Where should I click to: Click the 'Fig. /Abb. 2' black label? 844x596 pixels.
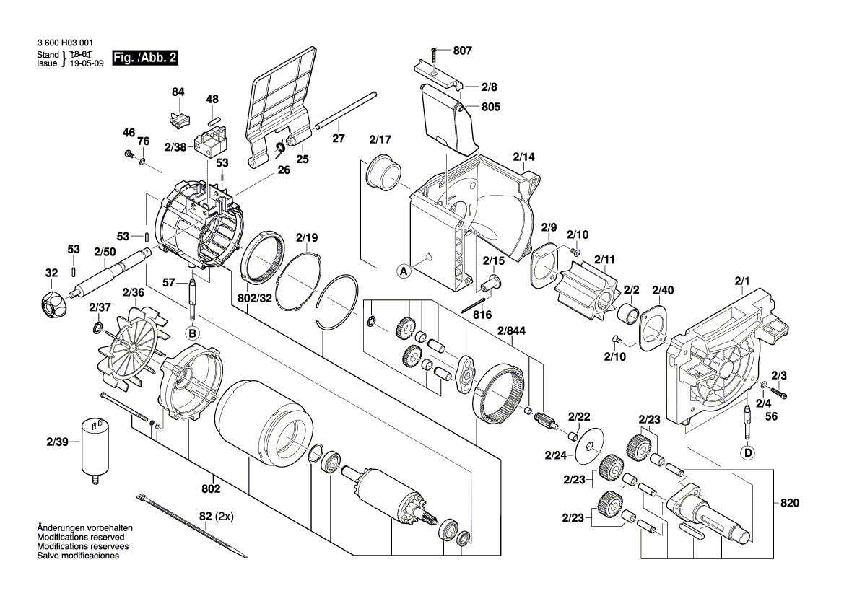(x=145, y=58)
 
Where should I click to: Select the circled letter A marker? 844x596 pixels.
(x=404, y=271)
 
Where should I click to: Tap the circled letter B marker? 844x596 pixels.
(x=192, y=333)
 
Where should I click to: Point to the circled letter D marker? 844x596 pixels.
(x=748, y=453)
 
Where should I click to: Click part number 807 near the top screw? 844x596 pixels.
(x=462, y=51)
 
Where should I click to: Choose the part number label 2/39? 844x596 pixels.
(x=58, y=442)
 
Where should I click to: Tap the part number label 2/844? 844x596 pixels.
(x=511, y=330)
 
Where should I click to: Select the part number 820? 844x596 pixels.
(x=790, y=503)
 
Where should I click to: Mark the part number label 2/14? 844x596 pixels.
(x=523, y=157)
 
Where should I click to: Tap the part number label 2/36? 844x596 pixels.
(x=134, y=293)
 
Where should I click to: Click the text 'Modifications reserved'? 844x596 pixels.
(x=81, y=538)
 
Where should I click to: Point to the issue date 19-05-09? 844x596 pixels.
(x=87, y=63)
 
